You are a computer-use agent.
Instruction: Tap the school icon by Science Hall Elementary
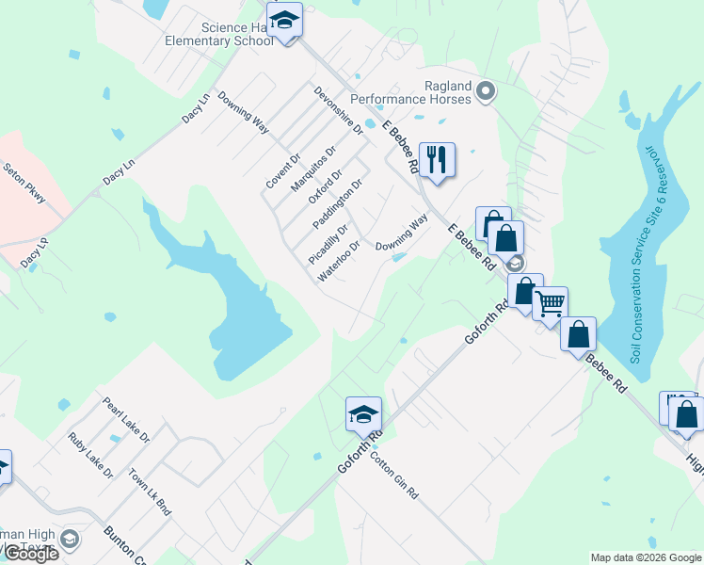point(283,20)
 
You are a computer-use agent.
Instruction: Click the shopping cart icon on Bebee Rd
point(550,303)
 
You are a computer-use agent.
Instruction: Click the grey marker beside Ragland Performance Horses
point(486,91)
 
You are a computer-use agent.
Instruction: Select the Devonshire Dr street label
point(339,111)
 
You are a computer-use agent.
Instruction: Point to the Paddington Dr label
point(337,204)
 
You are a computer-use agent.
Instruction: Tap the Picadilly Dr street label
point(328,243)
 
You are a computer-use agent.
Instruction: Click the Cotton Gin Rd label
point(393,476)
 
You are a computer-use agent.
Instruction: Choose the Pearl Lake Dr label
point(126,420)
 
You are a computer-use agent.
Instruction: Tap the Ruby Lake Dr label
point(90,455)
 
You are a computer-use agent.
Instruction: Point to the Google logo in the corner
point(30,554)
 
